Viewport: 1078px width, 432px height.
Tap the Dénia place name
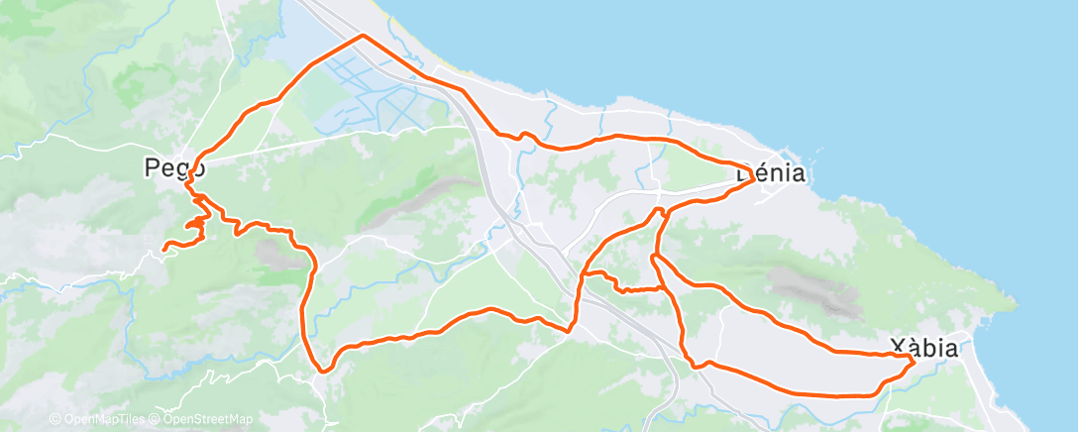[771, 174]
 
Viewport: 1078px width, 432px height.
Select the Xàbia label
[923, 348]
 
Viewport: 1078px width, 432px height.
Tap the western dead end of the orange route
[164, 244]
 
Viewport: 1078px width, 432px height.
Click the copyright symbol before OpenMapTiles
[54, 420]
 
